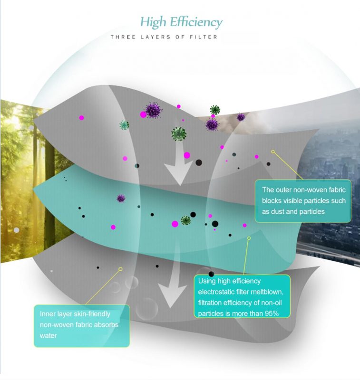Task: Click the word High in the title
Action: [154, 22]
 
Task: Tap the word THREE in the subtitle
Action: [122, 37]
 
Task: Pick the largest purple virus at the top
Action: [153, 110]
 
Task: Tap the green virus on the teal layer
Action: [185, 220]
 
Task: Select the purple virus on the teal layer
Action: [121, 198]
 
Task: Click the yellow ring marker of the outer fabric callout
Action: [273, 152]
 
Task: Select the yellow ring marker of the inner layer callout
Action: [120, 269]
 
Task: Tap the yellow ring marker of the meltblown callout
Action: [249, 238]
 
